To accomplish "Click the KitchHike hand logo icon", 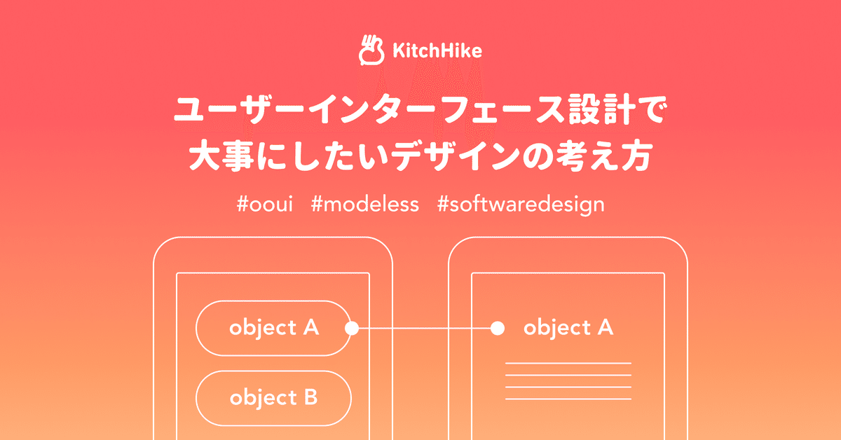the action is tap(371, 50).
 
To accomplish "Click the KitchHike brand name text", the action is tap(437, 50).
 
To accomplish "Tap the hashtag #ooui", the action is tap(265, 205).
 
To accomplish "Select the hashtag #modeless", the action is tap(365, 205).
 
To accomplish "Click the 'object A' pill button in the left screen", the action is tap(274, 328).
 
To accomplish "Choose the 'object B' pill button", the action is tap(274, 399).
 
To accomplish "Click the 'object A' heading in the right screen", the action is tap(568, 327).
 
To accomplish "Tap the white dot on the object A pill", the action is tap(352, 328).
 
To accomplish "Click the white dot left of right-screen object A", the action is tap(498, 328).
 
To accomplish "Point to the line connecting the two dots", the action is tap(425, 328).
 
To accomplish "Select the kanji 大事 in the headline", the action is tap(222, 156).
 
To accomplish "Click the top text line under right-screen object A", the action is tap(568, 364).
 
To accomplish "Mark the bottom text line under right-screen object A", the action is tap(568, 399).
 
